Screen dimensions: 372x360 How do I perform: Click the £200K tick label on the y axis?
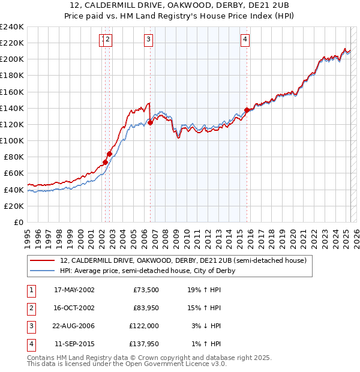pyautogui.click(x=12, y=59)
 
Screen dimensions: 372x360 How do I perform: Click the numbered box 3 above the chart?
pyautogui.click(x=148, y=40)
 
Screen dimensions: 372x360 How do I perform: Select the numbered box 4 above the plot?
pyautogui.click(x=245, y=40)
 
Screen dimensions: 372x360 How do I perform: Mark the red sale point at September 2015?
pyautogui.click(x=247, y=110)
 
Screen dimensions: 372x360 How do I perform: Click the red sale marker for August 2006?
pyautogui.click(x=150, y=122)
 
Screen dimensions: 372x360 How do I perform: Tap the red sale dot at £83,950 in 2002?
pyautogui.click(x=110, y=154)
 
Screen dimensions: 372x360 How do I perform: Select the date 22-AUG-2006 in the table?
pyautogui.click(x=74, y=326)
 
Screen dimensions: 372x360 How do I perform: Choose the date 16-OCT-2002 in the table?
pyautogui.click(x=74, y=308)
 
